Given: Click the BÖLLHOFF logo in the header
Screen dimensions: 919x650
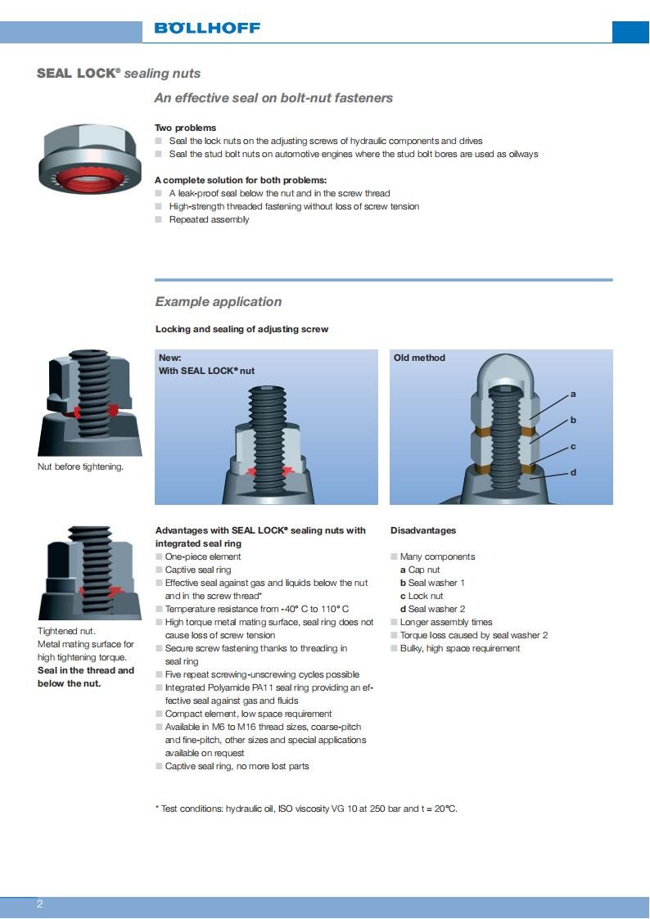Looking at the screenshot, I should tap(207, 28).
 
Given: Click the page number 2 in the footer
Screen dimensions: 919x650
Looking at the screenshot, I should tap(39, 904).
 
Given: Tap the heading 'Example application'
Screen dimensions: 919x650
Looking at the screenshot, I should tap(219, 302).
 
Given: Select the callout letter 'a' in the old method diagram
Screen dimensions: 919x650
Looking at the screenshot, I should tap(573, 394).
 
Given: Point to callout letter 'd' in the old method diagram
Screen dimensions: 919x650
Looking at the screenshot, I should tap(573, 472).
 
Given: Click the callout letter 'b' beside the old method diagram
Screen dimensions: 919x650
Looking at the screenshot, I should tap(573, 420).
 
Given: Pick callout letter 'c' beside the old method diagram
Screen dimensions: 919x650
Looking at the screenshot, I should tap(573, 446).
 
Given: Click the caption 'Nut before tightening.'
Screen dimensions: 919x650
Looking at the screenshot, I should tap(80, 467).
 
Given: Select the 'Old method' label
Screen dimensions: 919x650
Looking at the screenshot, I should tap(419, 358).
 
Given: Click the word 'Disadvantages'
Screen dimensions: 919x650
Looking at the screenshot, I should tap(423, 530).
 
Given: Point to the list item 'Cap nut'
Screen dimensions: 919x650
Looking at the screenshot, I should tap(423, 570).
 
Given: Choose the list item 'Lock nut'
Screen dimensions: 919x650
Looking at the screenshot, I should tap(425, 596).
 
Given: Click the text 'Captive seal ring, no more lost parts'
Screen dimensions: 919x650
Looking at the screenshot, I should tap(237, 766).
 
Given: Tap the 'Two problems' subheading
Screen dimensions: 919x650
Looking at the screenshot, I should tap(186, 128).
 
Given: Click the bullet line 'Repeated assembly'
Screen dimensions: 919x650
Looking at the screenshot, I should tap(209, 219).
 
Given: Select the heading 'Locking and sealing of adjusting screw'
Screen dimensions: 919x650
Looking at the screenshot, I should tap(241, 329).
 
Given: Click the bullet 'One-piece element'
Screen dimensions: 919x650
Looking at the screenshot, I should tap(203, 556).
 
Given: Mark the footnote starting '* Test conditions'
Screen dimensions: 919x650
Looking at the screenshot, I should tap(306, 809).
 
